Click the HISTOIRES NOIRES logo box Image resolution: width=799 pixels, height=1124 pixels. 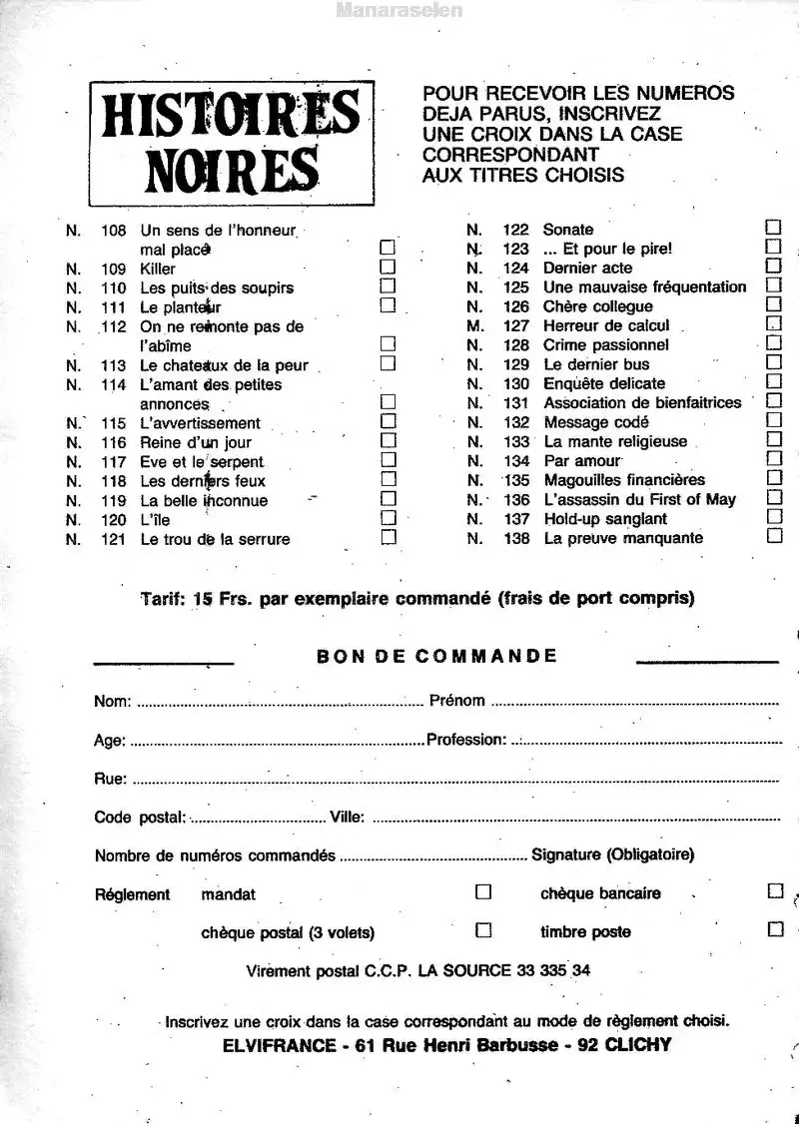pos(231,143)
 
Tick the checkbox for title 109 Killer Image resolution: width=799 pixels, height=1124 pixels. pos(389,267)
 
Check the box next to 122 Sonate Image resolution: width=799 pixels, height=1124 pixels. pos(773,228)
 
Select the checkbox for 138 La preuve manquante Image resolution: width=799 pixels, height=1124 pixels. pos(774,536)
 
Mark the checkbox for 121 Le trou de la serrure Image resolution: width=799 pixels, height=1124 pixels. pos(389,537)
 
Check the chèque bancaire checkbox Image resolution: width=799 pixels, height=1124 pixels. pos(775,890)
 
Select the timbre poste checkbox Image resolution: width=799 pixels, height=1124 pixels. pos(775,929)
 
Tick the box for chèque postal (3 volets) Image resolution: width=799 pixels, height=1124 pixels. pos(483,929)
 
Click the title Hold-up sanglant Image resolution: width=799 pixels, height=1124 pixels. pos(605,519)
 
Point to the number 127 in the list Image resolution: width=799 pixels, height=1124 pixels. pos(516,325)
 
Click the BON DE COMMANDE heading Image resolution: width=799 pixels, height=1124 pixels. pos(436,656)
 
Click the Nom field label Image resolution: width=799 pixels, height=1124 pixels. pos(112,701)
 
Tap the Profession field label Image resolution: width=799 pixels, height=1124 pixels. pos(466,740)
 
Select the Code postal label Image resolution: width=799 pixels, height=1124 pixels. pos(140,818)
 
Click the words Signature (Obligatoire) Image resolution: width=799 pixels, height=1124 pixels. pos(613,854)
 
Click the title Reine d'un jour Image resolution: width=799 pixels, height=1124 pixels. pos(196,442)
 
